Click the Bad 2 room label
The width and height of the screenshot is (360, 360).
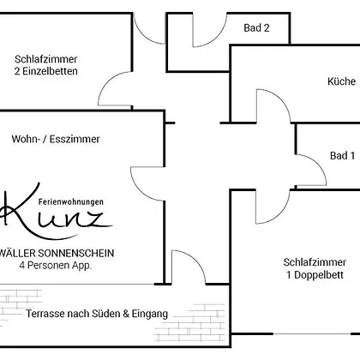[x=256, y=28]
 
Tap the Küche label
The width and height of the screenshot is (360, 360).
[x=341, y=81]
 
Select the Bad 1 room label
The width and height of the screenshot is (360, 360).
[x=342, y=156]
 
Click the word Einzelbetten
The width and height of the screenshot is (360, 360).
[x=50, y=71]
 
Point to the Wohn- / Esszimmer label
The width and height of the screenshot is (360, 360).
[x=56, y=139]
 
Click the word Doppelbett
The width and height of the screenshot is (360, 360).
[x=319, y=275]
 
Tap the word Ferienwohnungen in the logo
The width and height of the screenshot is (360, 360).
[x=71, y=202]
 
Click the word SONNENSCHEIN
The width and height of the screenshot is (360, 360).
[x=76, y=253]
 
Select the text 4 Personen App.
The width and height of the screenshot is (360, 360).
[x=56, y=266]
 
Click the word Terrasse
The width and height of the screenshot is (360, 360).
[x=45, y=314]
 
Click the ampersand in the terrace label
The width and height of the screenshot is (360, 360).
[x=126, y=314]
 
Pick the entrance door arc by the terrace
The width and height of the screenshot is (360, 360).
[x=196, y=260]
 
